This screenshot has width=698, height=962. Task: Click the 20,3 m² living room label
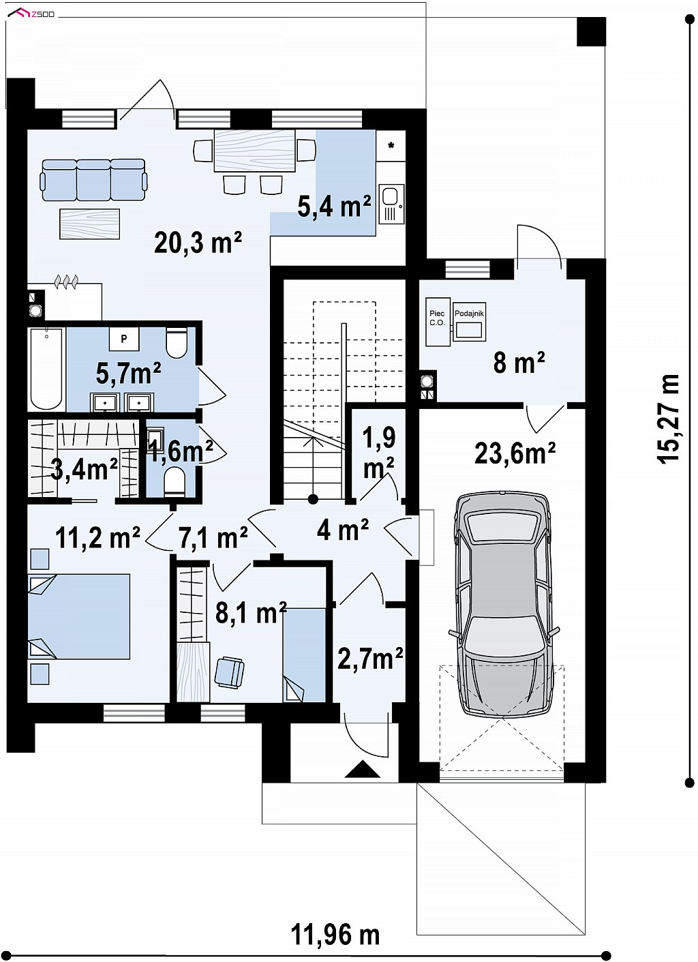click(198, 243)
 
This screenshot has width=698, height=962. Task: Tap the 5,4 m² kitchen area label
click(335, 207)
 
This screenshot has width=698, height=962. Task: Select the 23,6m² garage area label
click(515, 453)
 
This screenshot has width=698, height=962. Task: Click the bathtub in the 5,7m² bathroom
click(46, 368)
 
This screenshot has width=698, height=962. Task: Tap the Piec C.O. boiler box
click(438, 322)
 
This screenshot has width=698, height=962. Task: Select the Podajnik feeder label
click(469, 314)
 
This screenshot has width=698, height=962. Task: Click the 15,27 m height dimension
click(668, 419)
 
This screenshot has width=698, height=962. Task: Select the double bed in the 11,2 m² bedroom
click(79, 616)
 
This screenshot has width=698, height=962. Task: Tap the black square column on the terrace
click(591, 31)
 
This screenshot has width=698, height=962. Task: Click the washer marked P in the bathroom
click(123, 339)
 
